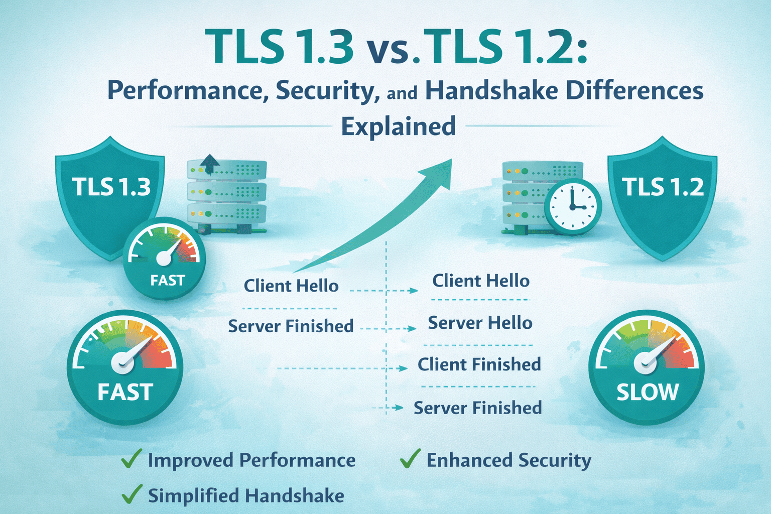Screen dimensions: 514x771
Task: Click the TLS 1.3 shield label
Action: [111, 187]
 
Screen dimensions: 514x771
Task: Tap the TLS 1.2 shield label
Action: [663, 187]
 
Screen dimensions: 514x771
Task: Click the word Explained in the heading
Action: [399, 126]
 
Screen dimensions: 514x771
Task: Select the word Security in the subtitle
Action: [327, 91]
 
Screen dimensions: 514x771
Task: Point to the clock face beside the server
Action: [572, 206]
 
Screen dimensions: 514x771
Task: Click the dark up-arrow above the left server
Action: [210, 163]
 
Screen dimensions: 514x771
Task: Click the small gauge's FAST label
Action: [168, 280]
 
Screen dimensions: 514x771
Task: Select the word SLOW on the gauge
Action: [647, 392]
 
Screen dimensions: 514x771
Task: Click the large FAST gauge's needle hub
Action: [123, 361]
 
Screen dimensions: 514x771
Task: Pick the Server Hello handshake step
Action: [480, 323]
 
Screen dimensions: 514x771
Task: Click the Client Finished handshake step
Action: [479, 364]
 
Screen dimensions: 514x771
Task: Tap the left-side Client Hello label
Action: [291, 286]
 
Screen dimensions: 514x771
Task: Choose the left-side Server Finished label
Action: [291, 326]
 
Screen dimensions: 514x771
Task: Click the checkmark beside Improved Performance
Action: [132, 459]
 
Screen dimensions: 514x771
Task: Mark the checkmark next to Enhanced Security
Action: [410, 459]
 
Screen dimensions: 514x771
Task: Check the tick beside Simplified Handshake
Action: [132, 494]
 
